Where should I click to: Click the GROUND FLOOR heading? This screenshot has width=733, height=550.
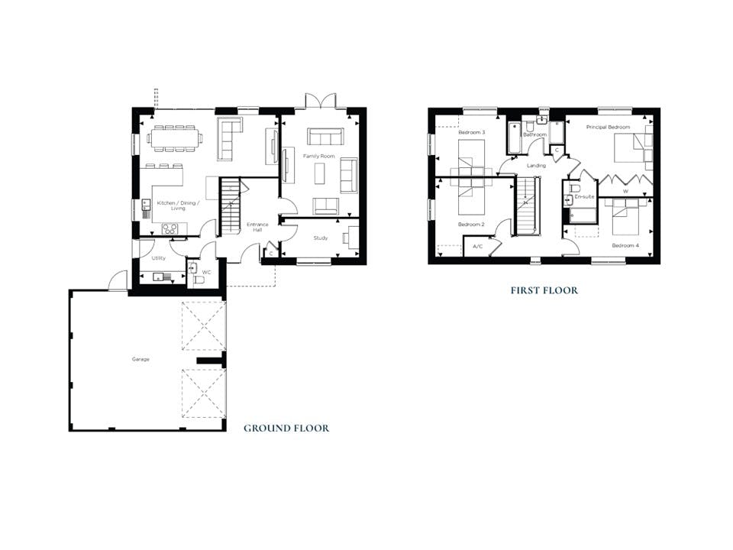click(x=286, y=428)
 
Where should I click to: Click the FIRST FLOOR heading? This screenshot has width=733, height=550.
click(x=544, y=290)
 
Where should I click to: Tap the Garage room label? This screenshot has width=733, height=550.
click(x=140, y=359)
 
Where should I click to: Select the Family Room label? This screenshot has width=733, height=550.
click(x=319, y=156)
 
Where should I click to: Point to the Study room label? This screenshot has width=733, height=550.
click(x=321, y=238)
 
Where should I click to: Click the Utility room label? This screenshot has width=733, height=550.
click(x=159, y=258)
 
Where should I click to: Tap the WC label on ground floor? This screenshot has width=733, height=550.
click(x=207, y=271)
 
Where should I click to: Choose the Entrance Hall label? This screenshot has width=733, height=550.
click(x=257, y=227)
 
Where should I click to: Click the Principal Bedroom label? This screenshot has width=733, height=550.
click(x=608, y=128)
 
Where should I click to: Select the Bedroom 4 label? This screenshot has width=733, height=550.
click(x=625, y=245)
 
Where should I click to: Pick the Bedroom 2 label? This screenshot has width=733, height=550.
click(x=471, y=225)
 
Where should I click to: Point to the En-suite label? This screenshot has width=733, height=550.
click(x=584, y=197)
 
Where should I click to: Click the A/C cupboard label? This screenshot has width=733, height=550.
click(x=478, y=247)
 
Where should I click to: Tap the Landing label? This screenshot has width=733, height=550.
click(x=536, y=166)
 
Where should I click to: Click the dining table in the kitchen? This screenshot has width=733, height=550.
click(x=176, y=138)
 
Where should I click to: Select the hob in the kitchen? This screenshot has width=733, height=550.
click(x=170, y=228)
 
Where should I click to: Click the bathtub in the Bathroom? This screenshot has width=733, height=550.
click(x=513, y=137)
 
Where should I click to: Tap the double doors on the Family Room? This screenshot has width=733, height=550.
click(x=321, y=101)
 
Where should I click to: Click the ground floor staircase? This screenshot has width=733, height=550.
click(x=230, y=205)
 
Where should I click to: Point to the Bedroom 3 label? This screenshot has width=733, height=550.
click(x=472, y=132)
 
